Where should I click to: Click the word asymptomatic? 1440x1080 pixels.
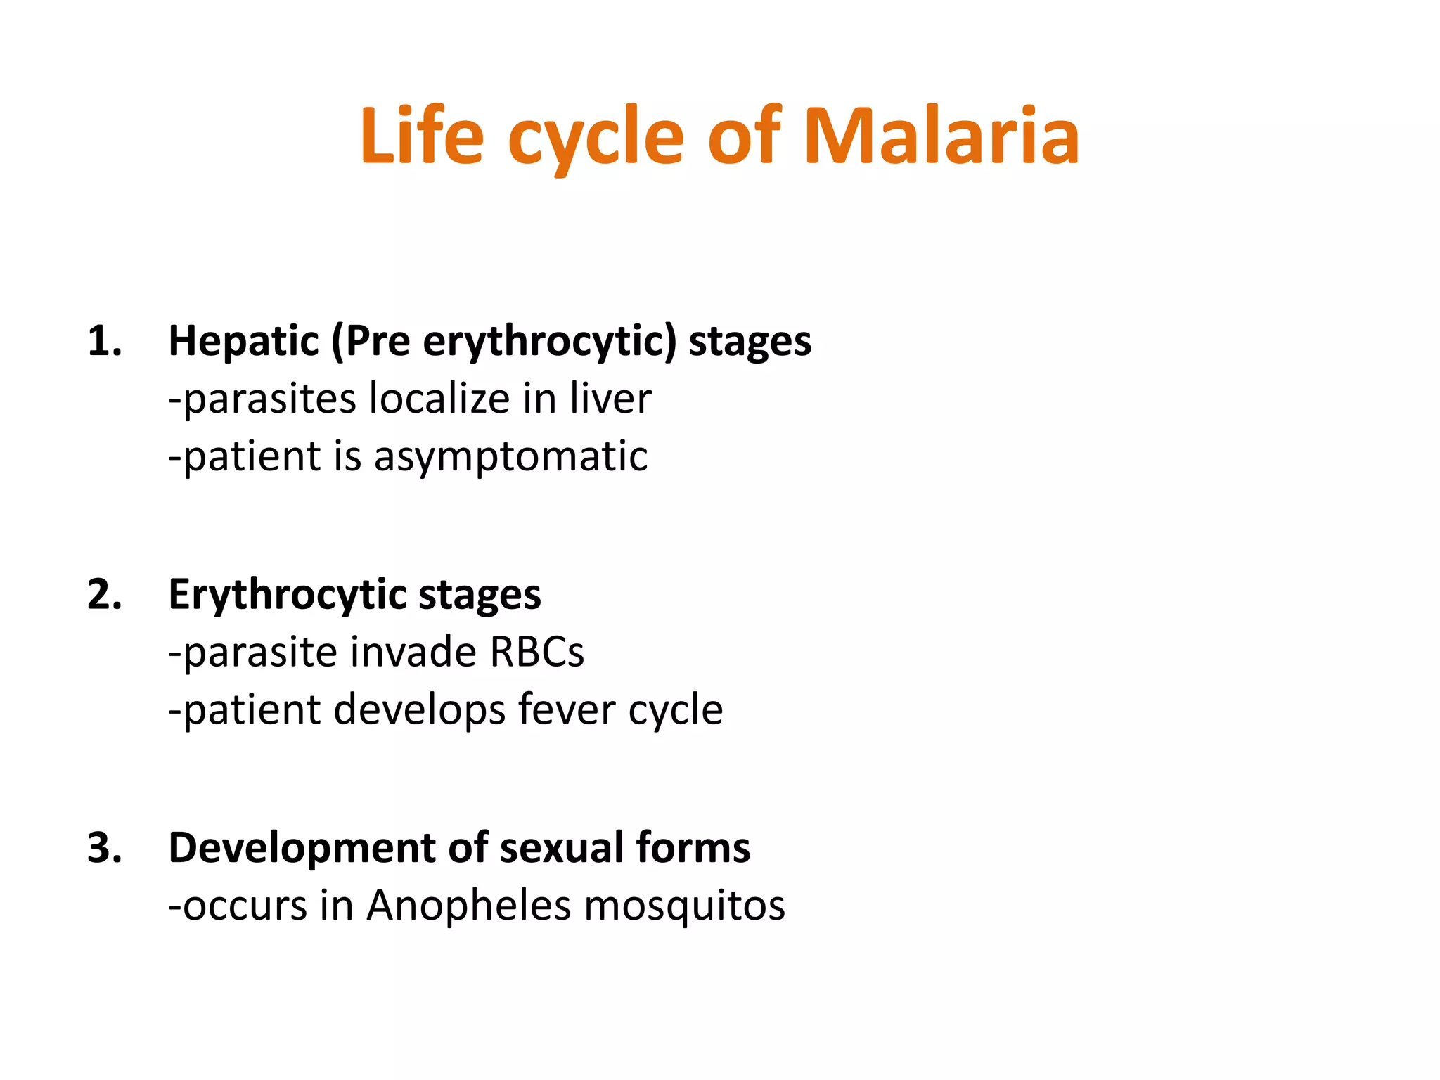point(510,458)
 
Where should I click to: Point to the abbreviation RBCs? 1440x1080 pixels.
point(536,652)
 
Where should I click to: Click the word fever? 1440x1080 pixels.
point(567,709)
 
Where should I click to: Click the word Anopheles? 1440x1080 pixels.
point(468,906)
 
